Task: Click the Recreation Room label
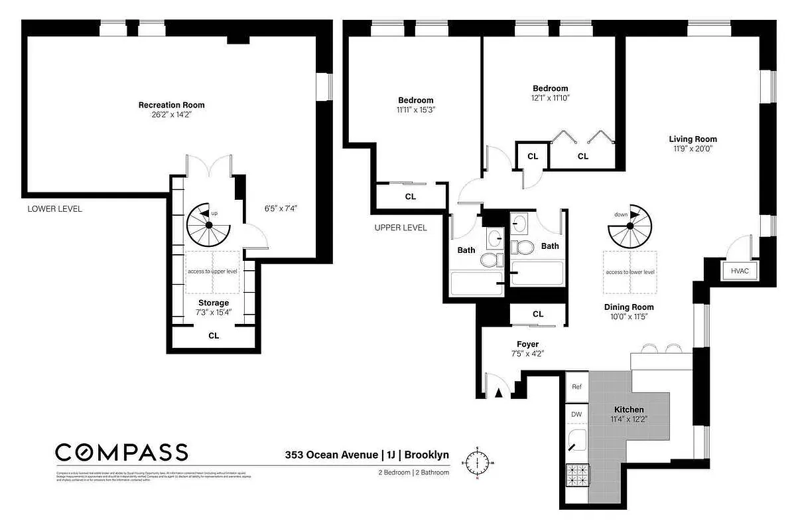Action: click(171, 105)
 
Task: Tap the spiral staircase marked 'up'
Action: click(208, 226)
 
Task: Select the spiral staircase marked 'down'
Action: click(630, 226)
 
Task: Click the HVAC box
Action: click(739, 271)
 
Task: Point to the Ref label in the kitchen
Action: click(576, 387)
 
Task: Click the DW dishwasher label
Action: click(576, 414)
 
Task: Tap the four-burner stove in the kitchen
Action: click(576, 475)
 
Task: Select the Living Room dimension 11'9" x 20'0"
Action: click(693, 149)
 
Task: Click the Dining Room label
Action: click(628, 307)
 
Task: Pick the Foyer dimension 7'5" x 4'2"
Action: click(527, 354)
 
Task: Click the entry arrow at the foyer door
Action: click(499, 394)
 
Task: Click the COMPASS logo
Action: click(121, 453)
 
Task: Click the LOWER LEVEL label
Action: click(54, 208)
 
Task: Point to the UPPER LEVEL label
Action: click(401, 228)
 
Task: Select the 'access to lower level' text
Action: click(630, 272)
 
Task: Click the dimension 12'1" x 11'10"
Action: click(550, 98)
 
